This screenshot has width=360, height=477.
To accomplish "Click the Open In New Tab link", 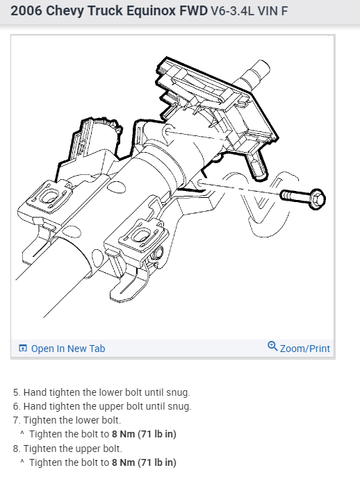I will (x=68, y=349).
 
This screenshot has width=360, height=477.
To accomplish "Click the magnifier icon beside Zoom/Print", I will (x=272, y=347).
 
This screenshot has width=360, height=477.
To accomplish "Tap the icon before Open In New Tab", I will (x=23, y=349).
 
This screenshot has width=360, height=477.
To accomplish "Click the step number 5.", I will (x=16, y=392).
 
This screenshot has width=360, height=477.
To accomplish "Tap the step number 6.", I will (x=16, y=406).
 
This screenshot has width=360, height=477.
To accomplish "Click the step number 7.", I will (x=16, y=420).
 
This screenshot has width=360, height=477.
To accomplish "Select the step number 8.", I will (x=16, y=448).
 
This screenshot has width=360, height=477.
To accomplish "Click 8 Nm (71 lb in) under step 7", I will (x=144, y=434).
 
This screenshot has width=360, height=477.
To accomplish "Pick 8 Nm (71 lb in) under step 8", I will (x=144, y=462).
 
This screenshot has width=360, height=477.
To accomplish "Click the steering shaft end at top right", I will (x=261, y=69).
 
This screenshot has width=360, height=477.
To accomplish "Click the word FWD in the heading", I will (x=190, y=12).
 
